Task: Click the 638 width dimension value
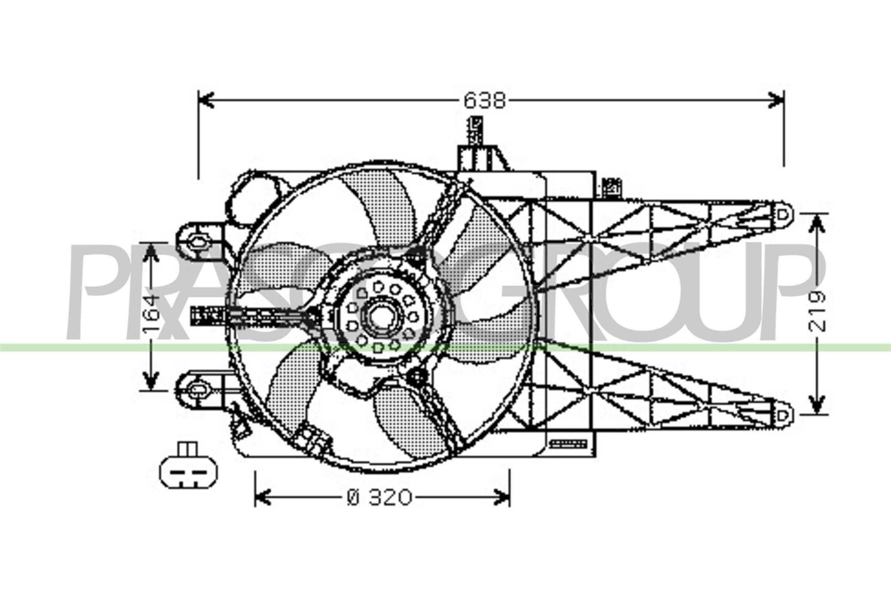pos(484,101)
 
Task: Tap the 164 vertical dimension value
pos(151,314)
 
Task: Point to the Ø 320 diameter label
pos(379,497)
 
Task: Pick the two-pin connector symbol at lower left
pos(188,469)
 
